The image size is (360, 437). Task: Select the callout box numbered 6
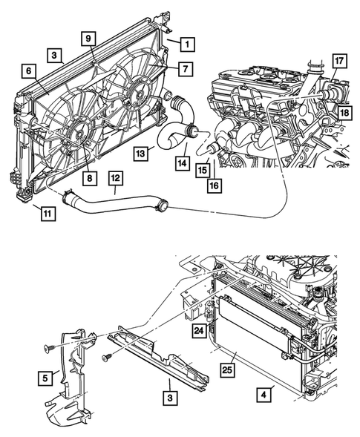(x=27, y=70)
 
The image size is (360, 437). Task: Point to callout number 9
(x=87, y=38)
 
